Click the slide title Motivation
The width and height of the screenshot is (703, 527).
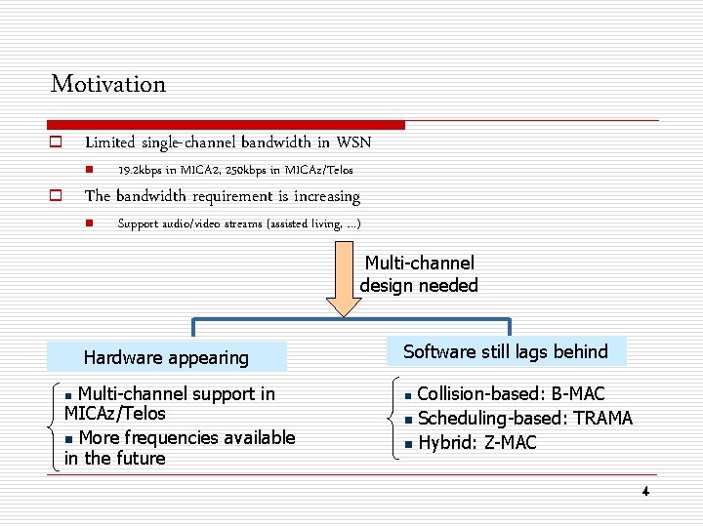click(x=108, y=84)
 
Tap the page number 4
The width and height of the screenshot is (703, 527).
click(x=645, y=491)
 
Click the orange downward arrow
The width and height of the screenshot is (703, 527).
click(x=343, y=283)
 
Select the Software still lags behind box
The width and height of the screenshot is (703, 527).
click(x=505, y=351)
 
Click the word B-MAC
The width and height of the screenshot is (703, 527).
click(x=578, y=394)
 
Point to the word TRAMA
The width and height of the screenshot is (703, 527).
click(x=602, y=419)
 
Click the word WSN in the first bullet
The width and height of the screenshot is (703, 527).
click(x=353, y=142)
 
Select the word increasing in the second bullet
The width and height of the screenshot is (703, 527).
click(x=320, y=196)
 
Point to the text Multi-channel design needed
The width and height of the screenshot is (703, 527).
click(x=419, y=274)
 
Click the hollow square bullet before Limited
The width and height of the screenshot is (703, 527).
click(x=56, y=142)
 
